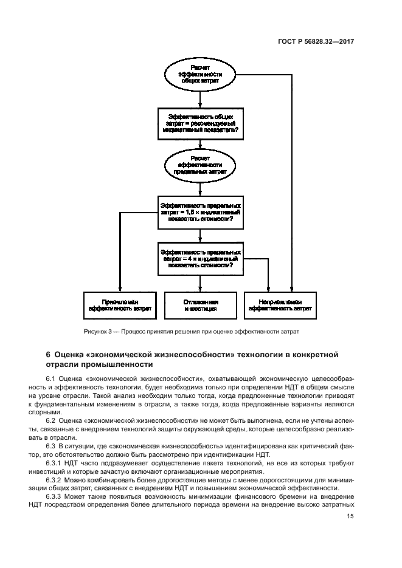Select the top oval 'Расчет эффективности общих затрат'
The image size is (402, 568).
click(x=200, y=74)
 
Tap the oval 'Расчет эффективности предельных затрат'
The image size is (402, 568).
click(x=200, y=165)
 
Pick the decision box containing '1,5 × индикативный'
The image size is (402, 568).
click(x=200, y=213)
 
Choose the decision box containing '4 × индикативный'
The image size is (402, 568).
click(x=200, y=259)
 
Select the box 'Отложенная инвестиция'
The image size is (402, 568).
click(x=200, y=305)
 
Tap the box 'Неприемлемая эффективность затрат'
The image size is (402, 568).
click(x=280, y=305)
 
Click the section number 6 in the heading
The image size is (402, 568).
click(x=48, y=354)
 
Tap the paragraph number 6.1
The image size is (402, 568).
click(x=51, y=379)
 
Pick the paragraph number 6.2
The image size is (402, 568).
click(x=51, y=420)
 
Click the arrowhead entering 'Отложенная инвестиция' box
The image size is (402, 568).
click(x=200, y=289)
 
